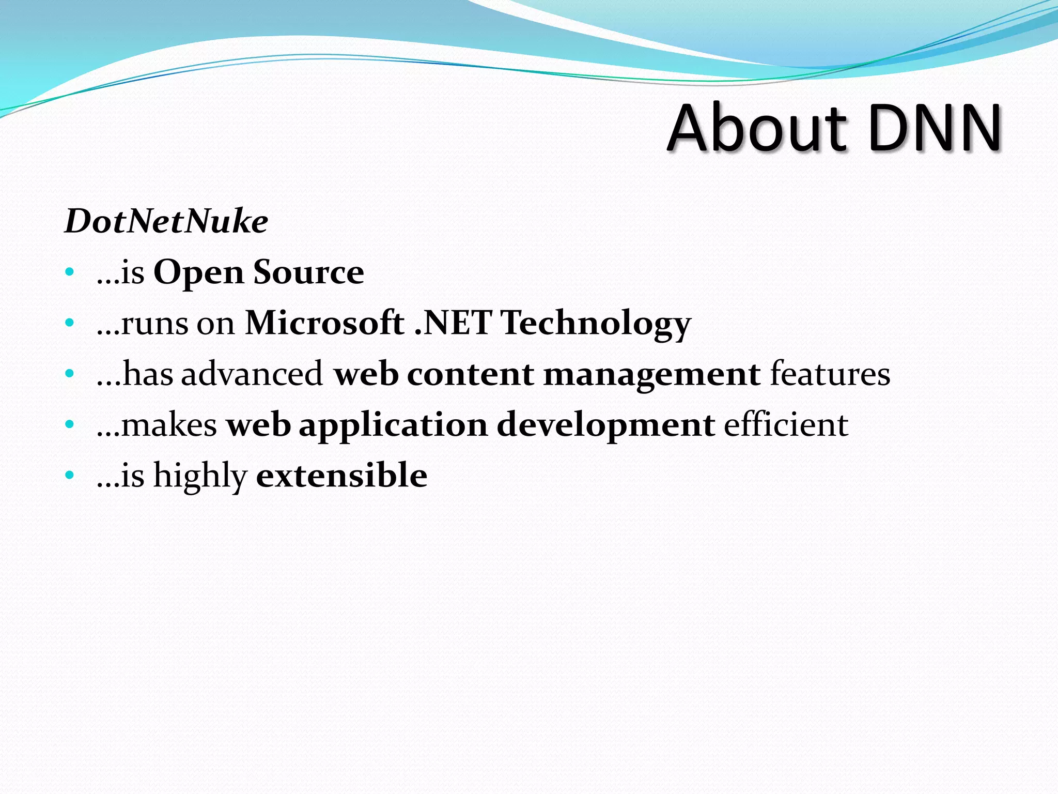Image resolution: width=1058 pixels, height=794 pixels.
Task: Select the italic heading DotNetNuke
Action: (166, 221)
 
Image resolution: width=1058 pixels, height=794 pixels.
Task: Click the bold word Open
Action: (198, 273)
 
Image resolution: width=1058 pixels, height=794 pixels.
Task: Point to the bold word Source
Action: (308, 272)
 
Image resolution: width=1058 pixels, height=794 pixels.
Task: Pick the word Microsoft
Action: (324, 323)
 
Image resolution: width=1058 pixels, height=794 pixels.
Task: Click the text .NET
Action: (453, 323)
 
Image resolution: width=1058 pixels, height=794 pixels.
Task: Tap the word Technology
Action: (596, 324)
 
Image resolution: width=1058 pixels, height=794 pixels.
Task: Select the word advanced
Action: (252, 373)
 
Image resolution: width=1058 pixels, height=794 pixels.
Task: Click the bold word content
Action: (470, 374)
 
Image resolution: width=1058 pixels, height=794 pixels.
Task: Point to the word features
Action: (830, 373)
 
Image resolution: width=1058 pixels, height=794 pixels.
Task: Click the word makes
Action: (169, 424)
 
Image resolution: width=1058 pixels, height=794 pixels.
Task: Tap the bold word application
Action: (393, 425)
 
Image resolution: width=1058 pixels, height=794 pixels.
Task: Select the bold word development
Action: (605, 425)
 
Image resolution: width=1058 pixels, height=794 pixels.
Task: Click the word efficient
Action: (786, 424)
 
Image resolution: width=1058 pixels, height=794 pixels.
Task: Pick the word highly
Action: (200, 476)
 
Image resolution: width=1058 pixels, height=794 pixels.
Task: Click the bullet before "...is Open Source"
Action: (70, 272)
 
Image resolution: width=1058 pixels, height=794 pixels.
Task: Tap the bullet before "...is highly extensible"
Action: (70, 475)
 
